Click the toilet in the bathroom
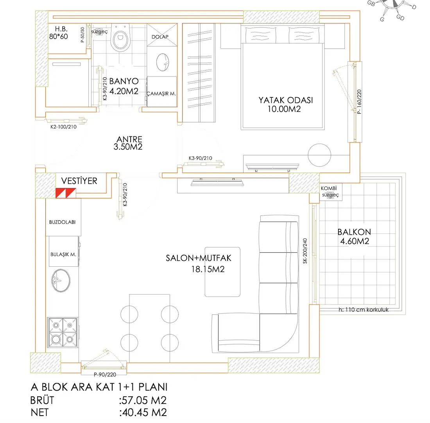tap(120, 39)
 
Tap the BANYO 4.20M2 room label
tap(124, 86)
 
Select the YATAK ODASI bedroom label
tap(285, 104)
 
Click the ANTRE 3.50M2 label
tap(129, 143)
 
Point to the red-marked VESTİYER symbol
tap(65, 193)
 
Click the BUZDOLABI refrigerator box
tap(63, 221)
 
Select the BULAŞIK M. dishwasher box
tap(63, 254)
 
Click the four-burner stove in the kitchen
tap(63, 332)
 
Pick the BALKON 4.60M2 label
tap(354, 236)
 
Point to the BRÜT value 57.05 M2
tap(143, 400)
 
